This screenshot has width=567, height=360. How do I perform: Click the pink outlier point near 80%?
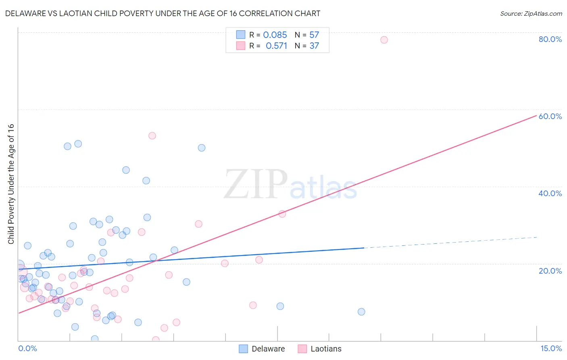point(384,40)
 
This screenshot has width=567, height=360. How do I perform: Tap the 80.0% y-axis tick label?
point(550,39)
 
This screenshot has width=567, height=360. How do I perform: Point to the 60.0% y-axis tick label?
point(550,116)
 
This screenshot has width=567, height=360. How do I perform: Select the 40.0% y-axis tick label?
point(550,193)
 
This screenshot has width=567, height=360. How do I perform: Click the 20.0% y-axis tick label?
point(550,270)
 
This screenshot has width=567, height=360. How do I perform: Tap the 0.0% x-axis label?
point(27,348)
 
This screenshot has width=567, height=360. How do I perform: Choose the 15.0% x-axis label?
point(551,348)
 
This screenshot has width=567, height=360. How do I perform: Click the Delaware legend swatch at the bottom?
point(243,349)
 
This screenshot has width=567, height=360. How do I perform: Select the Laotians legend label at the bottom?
point(326,349)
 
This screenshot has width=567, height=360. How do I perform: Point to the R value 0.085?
point(275,35)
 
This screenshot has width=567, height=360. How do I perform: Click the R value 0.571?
point(276,46)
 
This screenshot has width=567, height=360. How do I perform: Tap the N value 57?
point(314,35)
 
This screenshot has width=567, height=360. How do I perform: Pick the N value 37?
point(314,46)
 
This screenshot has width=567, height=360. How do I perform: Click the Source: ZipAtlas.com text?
point(531,14)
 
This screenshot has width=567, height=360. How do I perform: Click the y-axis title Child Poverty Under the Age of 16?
point(11,184)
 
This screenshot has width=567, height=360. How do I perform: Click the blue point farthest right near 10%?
point(361,312)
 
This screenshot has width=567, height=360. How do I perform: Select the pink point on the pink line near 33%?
point(282,214)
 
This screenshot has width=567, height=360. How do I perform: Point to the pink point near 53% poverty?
point(152,136)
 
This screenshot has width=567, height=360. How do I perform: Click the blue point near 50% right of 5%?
point(202,148)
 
